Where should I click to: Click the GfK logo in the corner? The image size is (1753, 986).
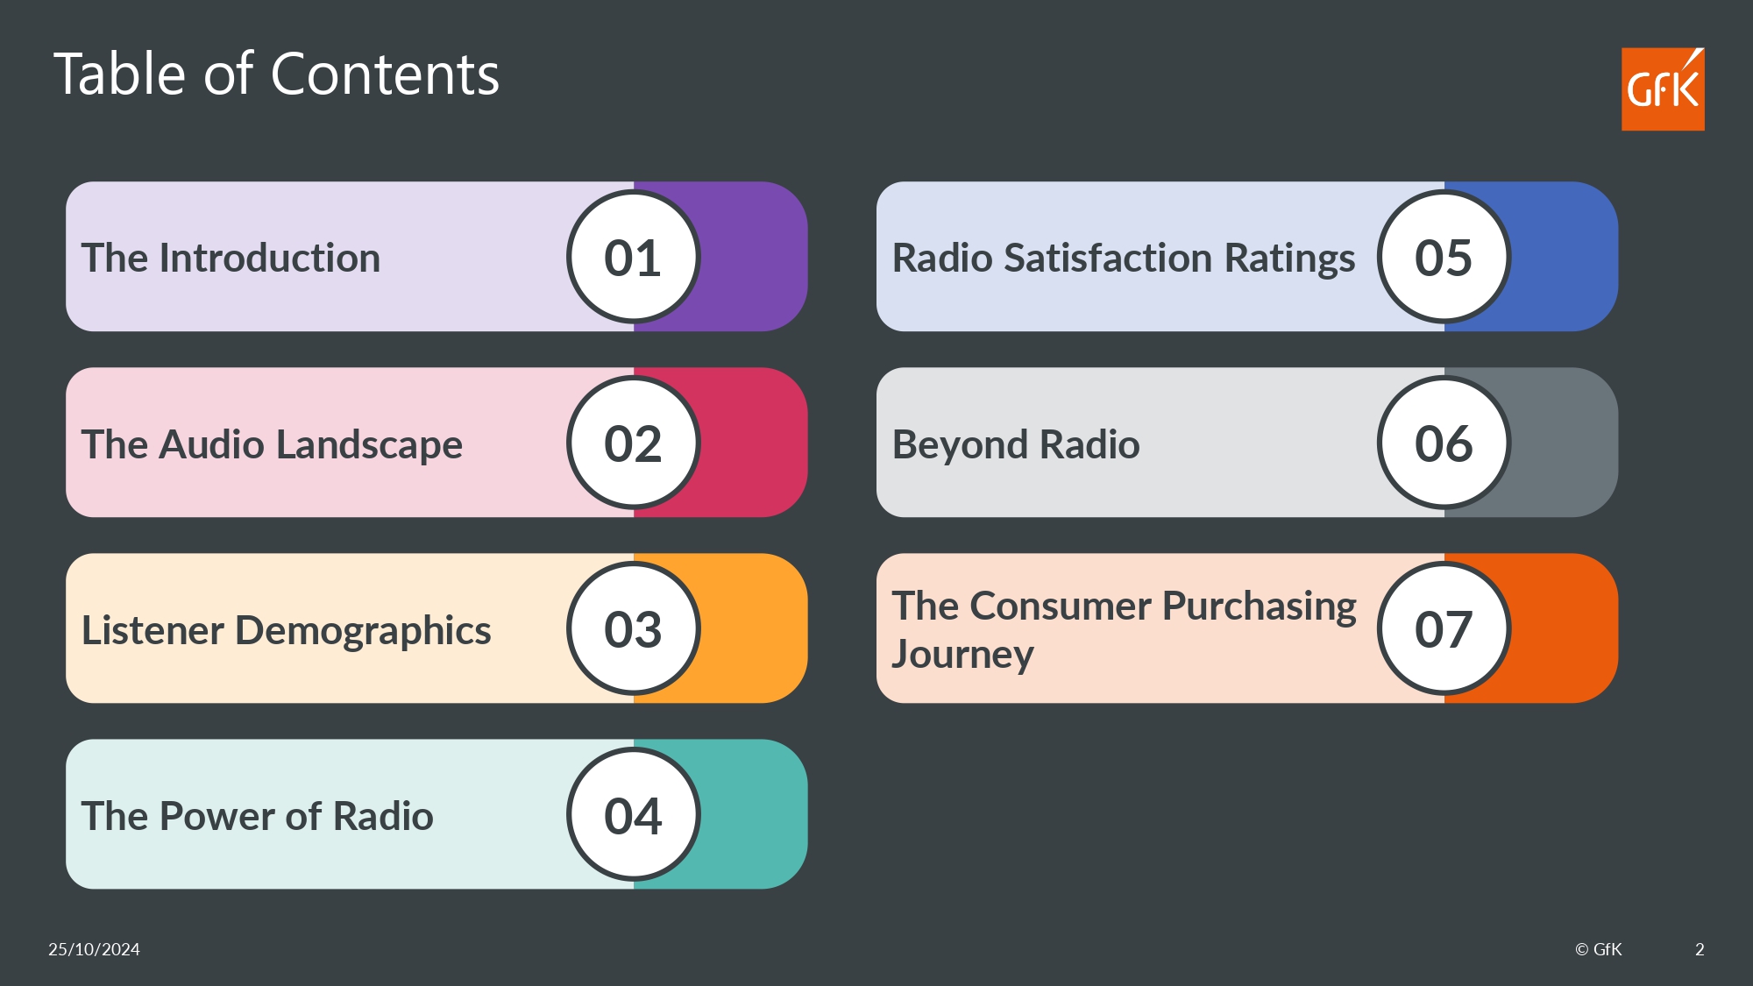[1663, 89]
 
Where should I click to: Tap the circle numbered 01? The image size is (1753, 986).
[633, 257]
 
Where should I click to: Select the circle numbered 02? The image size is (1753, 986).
[633, 443]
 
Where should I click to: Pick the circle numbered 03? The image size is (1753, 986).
[633, 628]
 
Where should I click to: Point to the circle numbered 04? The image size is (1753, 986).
[633, 814]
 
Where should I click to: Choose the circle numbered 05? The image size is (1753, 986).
[1444, 257]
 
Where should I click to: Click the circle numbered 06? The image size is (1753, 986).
[1444, 443]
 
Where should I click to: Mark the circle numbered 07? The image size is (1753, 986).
[1444, 628]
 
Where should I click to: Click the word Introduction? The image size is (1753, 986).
[270, 259]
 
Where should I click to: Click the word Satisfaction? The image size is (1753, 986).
[1109, 259]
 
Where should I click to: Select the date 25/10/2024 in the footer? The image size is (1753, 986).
[94, 949]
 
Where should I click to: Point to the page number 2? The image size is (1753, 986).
[1700, 949]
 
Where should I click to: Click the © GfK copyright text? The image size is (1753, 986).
[1598, 949]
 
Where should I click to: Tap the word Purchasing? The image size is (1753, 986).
[1260, 607]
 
